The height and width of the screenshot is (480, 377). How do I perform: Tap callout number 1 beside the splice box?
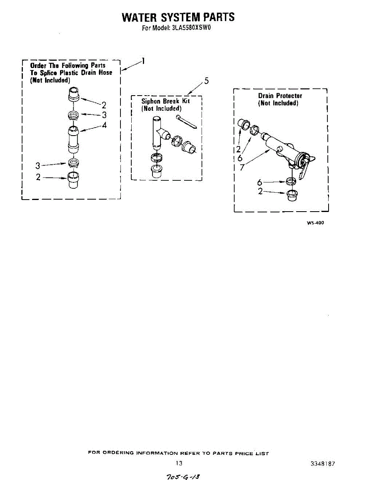coord(142,61)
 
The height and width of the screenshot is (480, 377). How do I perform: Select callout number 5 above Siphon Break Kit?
coord(206,81)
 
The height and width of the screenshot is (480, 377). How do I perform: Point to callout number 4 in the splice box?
coord(104,125)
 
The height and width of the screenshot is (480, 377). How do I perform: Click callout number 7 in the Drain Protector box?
coord(242,168)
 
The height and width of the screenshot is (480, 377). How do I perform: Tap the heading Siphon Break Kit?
coord(165,101)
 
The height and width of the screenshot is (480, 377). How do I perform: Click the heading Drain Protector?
coord(280,96)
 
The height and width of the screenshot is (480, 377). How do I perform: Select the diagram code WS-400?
coord(315,223)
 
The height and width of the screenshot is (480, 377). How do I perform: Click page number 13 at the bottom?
coord(179,463)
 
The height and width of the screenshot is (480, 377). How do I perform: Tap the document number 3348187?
coord(323,464)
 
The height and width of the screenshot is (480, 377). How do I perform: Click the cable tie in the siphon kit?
coord(186,122)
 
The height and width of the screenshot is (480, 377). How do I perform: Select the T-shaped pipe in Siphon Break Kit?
coord(157,132)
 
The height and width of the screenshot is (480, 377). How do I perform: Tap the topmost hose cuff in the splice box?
coord(74,95)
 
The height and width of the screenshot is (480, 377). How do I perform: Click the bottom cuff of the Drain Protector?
coord(292,196)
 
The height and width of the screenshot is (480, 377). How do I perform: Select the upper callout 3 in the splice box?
coord(104,115)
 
